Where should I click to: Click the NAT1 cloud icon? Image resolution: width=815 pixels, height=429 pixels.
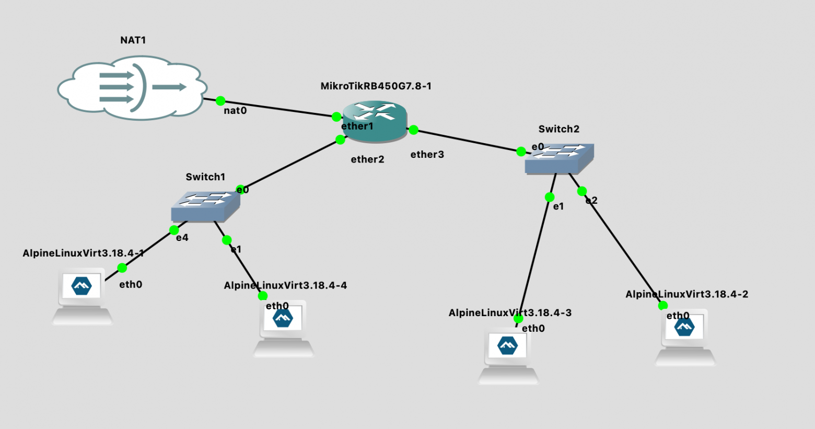tap(133, 87)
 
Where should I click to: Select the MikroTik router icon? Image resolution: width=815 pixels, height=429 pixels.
tap(375, 121)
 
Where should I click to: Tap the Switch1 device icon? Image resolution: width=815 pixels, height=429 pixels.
tap(205, 206)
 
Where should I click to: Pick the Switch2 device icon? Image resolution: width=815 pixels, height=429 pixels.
tap(559, 159)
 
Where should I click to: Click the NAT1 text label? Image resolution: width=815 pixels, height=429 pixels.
tap(133, 40)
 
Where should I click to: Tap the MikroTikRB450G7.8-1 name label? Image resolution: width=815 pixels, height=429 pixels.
tap(376, 86)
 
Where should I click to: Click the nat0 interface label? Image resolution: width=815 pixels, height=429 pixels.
tap(235, 111)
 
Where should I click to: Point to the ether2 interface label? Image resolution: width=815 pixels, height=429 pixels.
tap(367, 159)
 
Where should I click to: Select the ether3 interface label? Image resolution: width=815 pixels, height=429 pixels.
tap(427, 154)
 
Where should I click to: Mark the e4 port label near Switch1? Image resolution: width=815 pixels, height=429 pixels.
tap(182, 238)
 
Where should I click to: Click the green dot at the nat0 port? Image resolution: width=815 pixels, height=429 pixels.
tap(220, 100)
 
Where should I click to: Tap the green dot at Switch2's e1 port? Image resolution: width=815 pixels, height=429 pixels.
tap(549, 197)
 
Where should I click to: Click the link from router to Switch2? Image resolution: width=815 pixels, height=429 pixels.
tap(468, 141)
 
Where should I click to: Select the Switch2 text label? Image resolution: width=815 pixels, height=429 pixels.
tap(559, 129)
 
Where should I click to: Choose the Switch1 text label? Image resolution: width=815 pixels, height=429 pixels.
tap(205, 177)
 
